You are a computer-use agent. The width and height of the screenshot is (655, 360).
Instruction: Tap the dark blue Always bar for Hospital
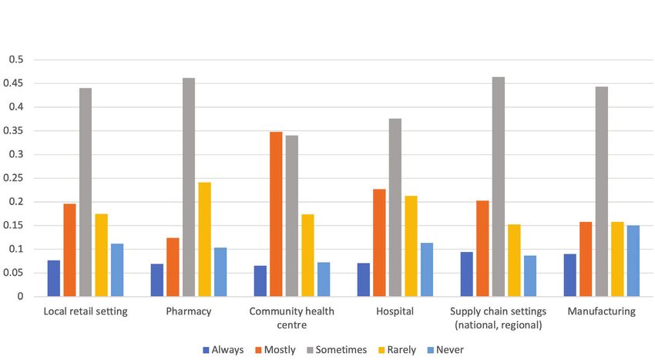[364, 280]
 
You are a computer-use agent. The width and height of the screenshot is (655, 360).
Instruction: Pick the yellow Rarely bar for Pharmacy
[204, 240]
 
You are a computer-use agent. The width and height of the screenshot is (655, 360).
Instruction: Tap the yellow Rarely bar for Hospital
[411, 247]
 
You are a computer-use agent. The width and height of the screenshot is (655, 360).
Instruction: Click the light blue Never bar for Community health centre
[324, 280]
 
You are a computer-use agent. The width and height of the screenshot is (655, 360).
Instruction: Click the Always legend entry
[223, 349]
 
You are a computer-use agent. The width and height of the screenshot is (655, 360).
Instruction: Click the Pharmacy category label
[189, 311]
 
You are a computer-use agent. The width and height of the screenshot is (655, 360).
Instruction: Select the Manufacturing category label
[601, 311]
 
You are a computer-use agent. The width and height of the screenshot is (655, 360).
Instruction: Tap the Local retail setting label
[86, 311]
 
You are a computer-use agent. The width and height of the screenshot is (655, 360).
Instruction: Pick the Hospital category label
[395, 311]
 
